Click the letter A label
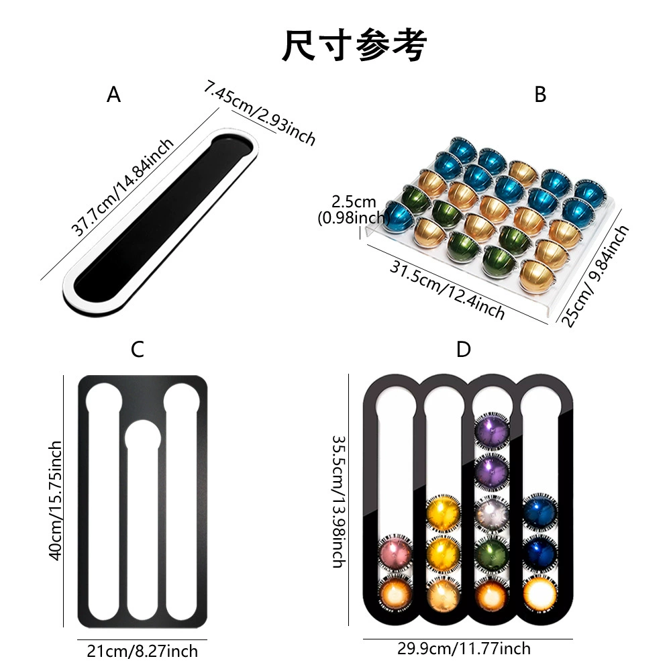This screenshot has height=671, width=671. pos(113,94)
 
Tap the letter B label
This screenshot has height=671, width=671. pos(540,94)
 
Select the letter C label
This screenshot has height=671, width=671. pos(138,349)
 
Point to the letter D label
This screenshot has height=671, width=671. pos(464,349)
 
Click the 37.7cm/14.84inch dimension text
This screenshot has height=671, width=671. pos(122,187)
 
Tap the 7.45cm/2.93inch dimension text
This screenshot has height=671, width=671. pos(259,113)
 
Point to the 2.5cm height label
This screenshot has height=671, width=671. pos(354,209)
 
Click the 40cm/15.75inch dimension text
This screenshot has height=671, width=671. pos(56,501)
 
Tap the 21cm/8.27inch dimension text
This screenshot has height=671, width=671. pos(142,651)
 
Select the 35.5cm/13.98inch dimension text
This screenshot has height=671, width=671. pos(340,501)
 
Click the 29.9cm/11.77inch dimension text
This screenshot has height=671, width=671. pos(464,648)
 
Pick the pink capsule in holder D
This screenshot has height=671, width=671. pos(395,553)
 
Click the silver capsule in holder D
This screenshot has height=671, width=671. pos(492,513)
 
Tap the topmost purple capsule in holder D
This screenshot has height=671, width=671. pos(492,431)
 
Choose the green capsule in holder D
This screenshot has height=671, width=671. pos(492,555)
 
